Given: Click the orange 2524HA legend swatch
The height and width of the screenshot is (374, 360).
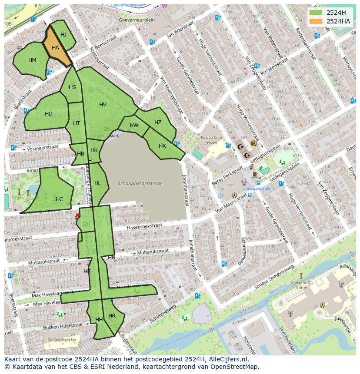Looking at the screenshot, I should (316, 21).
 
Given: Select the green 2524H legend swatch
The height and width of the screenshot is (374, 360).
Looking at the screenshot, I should (316, 13).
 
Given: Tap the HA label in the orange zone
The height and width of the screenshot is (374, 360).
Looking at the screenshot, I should (55, 48).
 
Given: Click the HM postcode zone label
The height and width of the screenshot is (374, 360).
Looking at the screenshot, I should (32, 60).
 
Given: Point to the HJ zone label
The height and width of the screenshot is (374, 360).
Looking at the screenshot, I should (63, 35).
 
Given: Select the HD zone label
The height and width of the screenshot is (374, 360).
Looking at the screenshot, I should (49, 114).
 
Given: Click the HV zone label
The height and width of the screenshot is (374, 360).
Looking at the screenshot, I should (103, 105).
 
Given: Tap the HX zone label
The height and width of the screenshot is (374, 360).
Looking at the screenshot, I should (162, 146).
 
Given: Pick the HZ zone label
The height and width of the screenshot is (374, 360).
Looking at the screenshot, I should (158, 122).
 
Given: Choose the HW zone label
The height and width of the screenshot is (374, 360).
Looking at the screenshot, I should (134, 126).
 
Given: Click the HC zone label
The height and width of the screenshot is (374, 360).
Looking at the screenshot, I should (60, 199).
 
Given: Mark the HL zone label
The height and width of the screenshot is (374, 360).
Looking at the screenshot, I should (97, 183).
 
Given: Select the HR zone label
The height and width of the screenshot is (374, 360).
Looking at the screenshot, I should (112, 316).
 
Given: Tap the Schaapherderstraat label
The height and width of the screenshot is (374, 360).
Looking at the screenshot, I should (140, 183).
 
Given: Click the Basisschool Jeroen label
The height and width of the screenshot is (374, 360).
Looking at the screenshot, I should (211, 140).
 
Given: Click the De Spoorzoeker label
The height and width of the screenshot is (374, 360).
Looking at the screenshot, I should (60, 339).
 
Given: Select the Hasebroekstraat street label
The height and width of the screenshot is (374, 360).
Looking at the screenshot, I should (144, 226).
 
